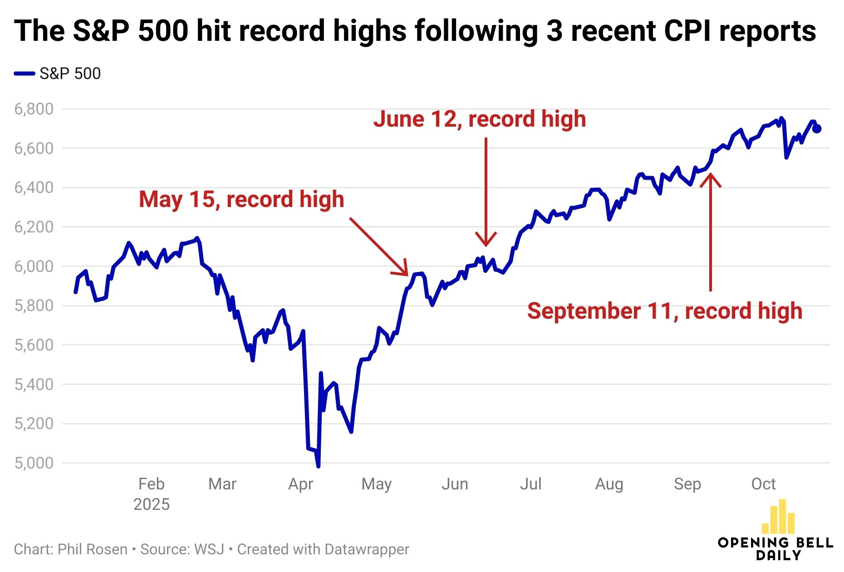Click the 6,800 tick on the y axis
pos(34,109)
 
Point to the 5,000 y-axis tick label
pos(34,463)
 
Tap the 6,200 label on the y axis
pos(34,227)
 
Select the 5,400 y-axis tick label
pos(34,385)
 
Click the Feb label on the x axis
pos(151,484)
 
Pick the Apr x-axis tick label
pos(300,484)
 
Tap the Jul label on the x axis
pos(530,484)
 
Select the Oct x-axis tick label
pos(763,484)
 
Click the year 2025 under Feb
pos(151,504)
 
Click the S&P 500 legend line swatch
pos(24,74)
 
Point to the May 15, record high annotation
pos(241,199)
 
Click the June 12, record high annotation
pos(480,119)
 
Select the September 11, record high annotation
pos(665,311)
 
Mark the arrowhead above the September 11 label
pos(711,177)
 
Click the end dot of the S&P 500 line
pos(817,129)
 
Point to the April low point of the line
pos(318,466)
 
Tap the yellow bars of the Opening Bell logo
pos(779,518)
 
